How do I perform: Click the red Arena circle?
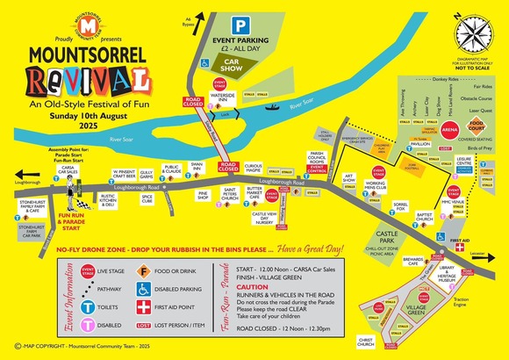click(x=451, y=129)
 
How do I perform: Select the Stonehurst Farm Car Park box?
click(x=32, y=231)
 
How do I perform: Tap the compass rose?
click(x=472, y=35)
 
